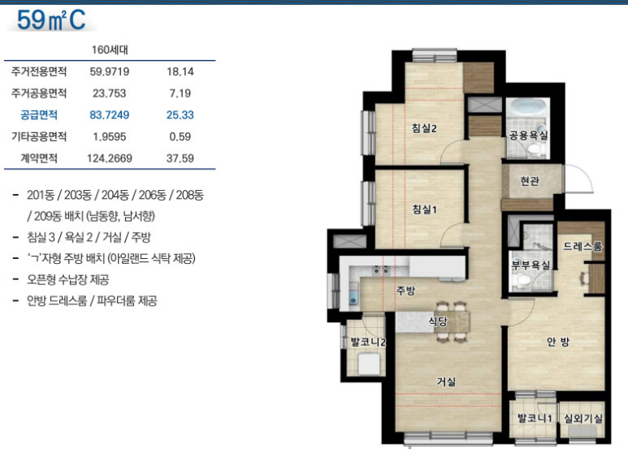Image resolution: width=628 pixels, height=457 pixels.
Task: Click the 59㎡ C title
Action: coord(51,20)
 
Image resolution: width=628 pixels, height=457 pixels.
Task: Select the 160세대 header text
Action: coord(110,50)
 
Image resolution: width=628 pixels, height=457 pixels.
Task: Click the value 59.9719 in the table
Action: coord(110,71)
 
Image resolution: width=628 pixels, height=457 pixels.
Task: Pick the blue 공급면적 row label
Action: coord(39,114)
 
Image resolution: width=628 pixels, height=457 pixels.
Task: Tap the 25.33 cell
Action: coord(180,114)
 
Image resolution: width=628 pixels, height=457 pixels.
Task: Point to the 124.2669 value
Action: coord(110,158)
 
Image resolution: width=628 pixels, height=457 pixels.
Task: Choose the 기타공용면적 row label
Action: coord(39,136)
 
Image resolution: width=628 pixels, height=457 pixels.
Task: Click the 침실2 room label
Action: coord(424,128)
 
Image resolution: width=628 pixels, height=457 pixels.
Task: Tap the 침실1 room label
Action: coord(424,209)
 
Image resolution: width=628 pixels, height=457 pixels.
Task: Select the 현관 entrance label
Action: coord(530,181)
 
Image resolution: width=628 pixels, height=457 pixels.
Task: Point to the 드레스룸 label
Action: coord(583,246)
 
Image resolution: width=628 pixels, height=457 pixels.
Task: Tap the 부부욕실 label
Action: coord(531,265)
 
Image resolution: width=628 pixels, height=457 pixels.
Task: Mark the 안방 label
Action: coord(558,342)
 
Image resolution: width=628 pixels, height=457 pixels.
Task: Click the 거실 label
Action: coord(446,382)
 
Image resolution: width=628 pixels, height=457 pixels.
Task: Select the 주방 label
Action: coord(405,290)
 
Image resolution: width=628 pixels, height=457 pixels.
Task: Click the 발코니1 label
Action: coord(535,418)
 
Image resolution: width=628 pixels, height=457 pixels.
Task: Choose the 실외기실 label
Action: coord(583,418)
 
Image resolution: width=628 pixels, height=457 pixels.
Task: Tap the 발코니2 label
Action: coord(368,343)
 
